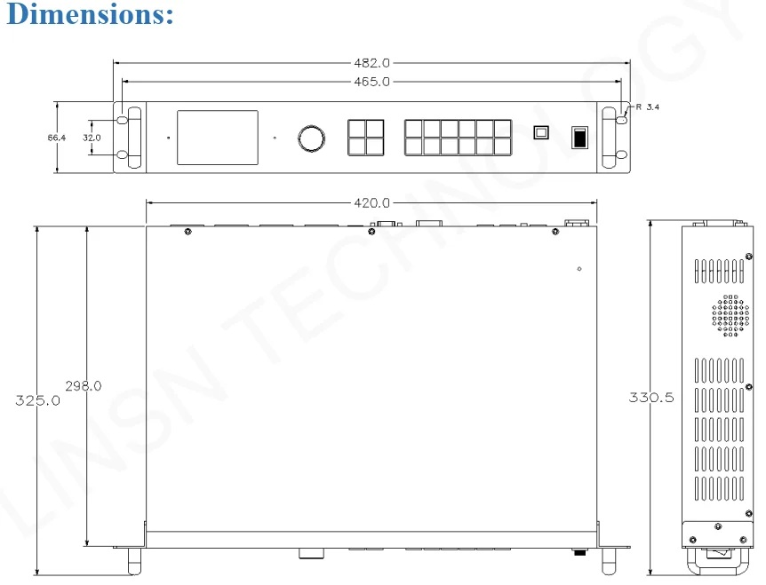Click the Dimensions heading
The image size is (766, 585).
tap(89, 15)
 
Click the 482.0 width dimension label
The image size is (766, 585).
tap(371, 64)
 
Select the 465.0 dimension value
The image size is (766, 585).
tap(371, 81)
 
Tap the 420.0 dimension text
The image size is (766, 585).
tap(371, 203)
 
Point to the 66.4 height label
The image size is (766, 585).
tap(58, 138)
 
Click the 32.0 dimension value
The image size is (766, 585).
tap(92, 138)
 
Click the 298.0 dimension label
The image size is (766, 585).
tap(84, 385)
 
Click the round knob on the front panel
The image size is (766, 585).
tap(311, 138)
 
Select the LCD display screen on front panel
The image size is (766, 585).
tap(218, 138)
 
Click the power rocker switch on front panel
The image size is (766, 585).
tap(578, 138)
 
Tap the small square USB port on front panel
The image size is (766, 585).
tap(540, 131)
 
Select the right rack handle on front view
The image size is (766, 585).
tap(610, 138)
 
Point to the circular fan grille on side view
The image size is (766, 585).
tap(730, 315)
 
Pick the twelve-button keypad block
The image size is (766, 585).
tap(458, 138)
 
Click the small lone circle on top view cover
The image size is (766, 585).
tap(578, 269)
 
